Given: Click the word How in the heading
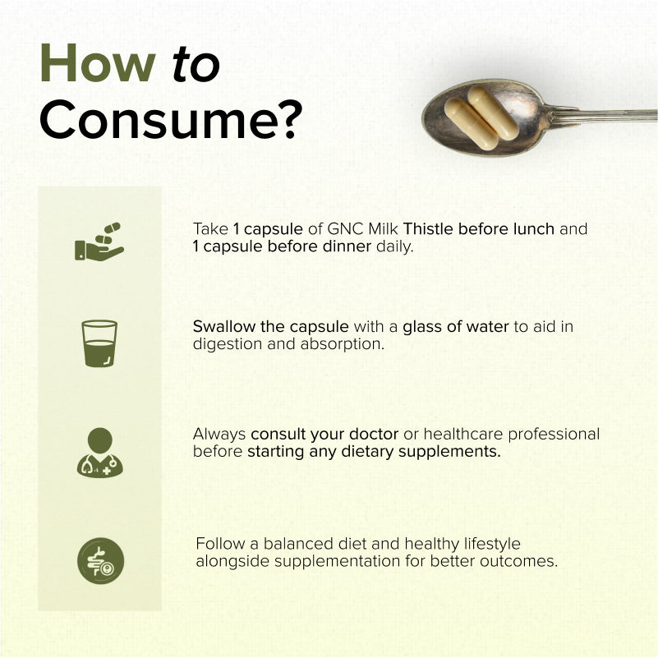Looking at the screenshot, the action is point(98,63).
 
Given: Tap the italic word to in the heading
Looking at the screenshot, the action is point(196,64).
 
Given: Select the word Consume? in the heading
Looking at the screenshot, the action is point(171,119).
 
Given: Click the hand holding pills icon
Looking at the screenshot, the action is point(99,242).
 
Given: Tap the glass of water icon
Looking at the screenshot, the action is point(99,343).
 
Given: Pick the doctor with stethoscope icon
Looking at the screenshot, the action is point(100,453).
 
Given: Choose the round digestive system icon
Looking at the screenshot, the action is point(101,560).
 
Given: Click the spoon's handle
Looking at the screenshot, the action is point(602,114).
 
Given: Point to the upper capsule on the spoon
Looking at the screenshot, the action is point(493,112).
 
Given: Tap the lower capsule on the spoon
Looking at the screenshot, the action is point(472,123).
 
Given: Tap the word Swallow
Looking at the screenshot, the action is point(223,326).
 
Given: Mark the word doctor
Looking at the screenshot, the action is point(374,435).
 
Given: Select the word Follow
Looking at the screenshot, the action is point(220,544).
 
